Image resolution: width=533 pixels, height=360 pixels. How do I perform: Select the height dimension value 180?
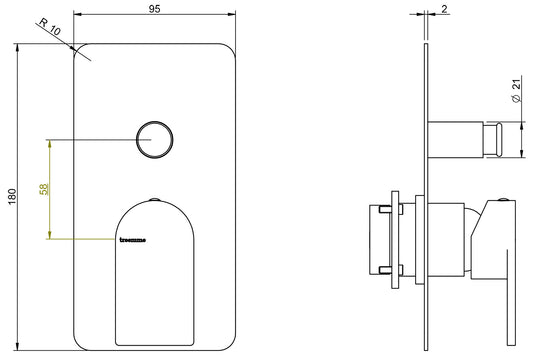(x=12, y=197)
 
